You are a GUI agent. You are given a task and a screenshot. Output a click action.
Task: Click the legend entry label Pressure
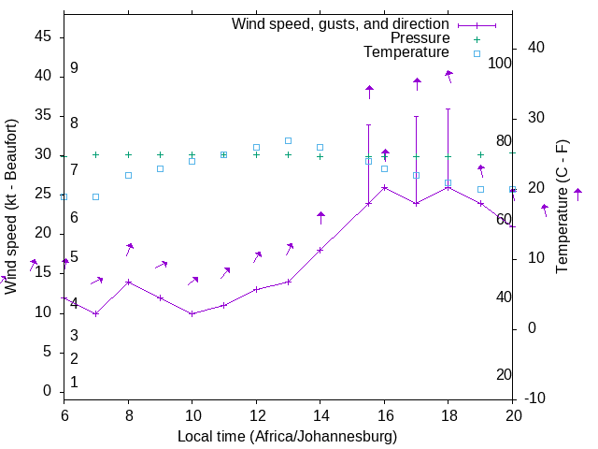tap(420, 38)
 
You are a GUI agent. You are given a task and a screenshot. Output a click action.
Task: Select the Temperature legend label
tap(406, 52)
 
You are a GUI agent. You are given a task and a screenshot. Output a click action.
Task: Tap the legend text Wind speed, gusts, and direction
tap(340, 23)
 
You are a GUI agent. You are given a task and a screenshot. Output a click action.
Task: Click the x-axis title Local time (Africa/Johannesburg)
tap(288, 437)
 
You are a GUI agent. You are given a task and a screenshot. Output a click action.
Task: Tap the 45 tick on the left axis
tap(44, 36)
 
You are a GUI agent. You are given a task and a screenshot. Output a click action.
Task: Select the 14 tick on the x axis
tap(320, 413)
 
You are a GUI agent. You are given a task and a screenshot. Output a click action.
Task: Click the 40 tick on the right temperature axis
tap(535, 48)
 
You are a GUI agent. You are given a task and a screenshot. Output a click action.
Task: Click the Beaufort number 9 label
tap(74, 68)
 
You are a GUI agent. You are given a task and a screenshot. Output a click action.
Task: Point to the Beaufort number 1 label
tap(74, 382)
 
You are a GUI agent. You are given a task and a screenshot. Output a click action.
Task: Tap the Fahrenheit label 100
tap(501, 63)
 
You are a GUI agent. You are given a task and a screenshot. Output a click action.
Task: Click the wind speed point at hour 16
tap(384, 187)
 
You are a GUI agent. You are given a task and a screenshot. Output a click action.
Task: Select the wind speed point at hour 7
tap(95, 313)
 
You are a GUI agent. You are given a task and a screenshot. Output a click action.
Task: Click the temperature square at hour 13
tap(288, 140)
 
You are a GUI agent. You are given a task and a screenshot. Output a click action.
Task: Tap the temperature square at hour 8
tap(128, 175)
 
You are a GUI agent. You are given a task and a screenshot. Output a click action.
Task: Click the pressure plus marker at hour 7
tap(95, 154)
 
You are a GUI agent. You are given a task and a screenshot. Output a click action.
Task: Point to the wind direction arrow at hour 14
tap(320, 218)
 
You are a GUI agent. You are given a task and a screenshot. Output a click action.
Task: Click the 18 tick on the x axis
tap(448, 413)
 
